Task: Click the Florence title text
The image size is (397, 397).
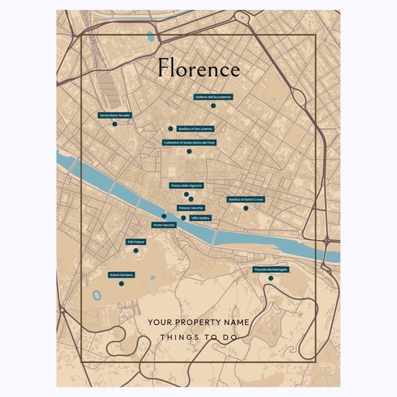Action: (x=198, y=69)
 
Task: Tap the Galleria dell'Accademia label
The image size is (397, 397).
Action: (x=213, y=98)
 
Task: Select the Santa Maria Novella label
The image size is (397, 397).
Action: (x=115, y=116)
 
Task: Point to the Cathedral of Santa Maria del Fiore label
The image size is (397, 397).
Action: (x=189, y=143)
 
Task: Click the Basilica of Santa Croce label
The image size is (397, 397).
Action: (x=246, y=199)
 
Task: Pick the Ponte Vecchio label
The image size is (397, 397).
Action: (x=164, y=225)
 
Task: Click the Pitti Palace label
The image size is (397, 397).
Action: (x=136, y=242)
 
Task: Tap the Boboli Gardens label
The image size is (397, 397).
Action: (x=121, y=274)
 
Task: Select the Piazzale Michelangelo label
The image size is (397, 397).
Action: (x=271, y=270)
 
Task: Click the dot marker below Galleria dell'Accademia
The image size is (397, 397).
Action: (x=213, y=106)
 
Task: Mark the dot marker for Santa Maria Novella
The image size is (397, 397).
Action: (x=114, y=124)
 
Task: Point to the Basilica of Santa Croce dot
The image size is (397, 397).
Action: (x=246, y=208)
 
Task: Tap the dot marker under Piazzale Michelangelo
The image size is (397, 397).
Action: (x=271, y=278)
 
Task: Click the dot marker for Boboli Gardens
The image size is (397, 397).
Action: (x=121, y=284)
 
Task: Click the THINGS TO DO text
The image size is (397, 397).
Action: (x=198, y=338)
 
